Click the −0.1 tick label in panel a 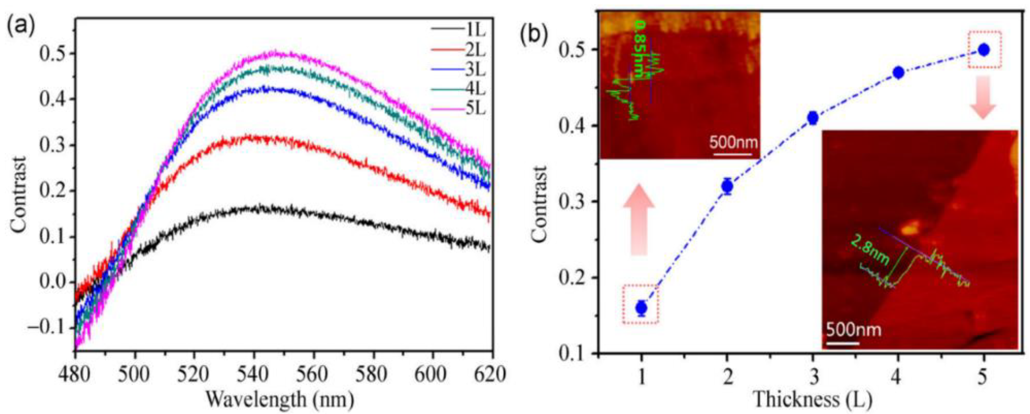45,328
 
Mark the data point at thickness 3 812,118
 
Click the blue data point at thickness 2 727,186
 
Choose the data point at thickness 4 898,72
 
